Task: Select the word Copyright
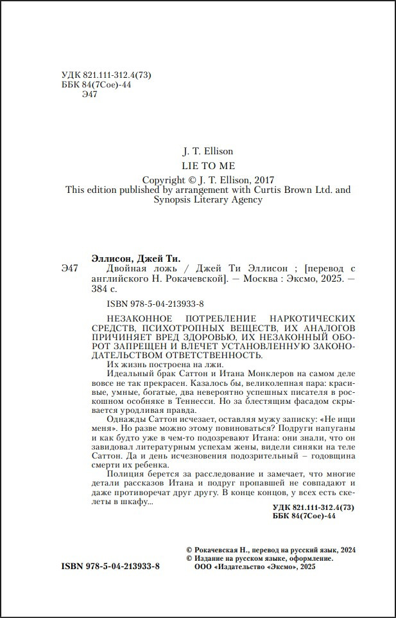164,180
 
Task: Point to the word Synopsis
175,200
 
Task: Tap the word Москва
257,280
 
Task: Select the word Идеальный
126,374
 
